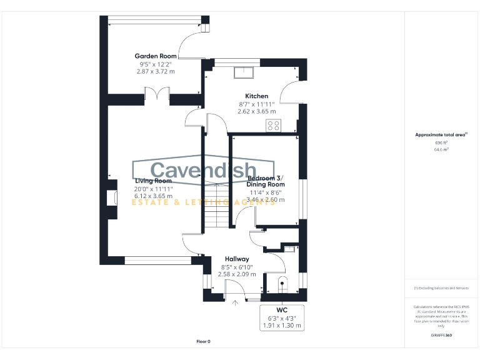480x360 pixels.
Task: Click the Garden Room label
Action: tap(155, 56)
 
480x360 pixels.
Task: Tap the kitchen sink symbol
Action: tap(242, 73)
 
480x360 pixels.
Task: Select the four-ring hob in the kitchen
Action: tap(274, 126)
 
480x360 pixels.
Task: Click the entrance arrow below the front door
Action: tap(236, 304)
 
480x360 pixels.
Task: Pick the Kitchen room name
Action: tap(256, 96)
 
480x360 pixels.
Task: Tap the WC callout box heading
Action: tap(282, 310)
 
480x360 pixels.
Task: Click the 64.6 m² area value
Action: tap(441, 150)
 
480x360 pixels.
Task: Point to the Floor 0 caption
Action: tap(204, 341)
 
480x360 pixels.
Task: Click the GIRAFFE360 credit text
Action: tap(441, 336)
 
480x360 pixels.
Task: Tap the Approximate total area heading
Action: tap(441, 135)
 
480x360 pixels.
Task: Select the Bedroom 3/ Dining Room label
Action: tap(266, 181)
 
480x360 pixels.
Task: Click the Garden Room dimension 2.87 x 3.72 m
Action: tap(155, 71)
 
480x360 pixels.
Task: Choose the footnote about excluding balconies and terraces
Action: tap(441, 288)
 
